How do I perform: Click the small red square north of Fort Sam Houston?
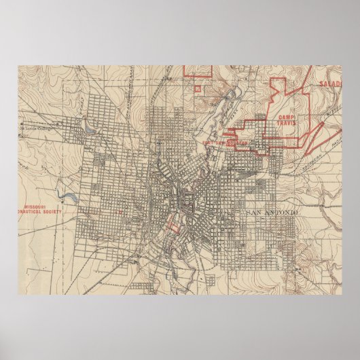click(x=198, y=87)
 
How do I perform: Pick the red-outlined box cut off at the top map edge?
click(x=198, y=70)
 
